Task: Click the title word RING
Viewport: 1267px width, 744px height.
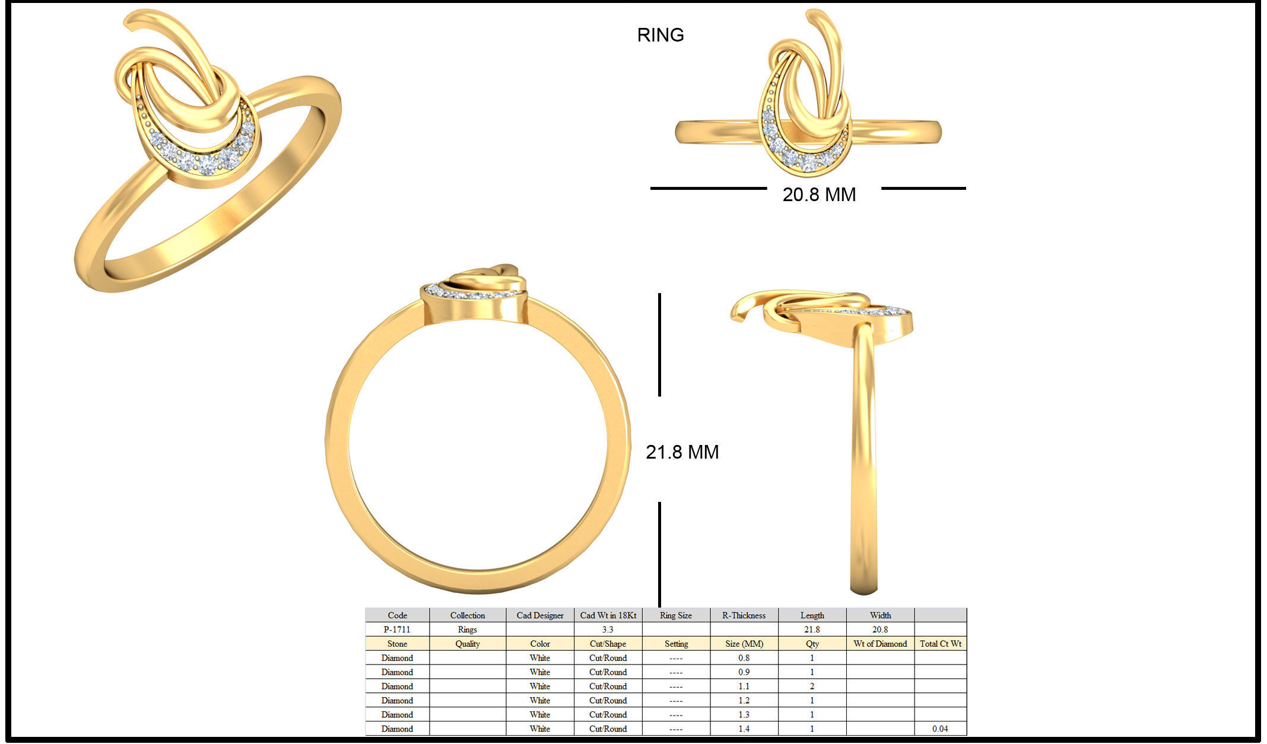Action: coord(660,35)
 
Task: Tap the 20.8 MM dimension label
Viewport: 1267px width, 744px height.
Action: coord(819,195)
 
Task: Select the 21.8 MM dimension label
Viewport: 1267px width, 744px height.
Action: coord(682,452)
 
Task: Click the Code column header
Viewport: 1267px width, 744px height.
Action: coord(397,615)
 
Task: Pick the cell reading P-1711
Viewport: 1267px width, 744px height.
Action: coord(397,629)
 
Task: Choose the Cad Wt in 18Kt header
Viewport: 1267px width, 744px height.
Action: coord(608,615)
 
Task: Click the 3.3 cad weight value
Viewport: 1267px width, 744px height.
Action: coord(608,629)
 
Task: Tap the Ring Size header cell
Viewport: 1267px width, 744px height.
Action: coord(676,615)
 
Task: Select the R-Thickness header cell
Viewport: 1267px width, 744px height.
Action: coord(744,615)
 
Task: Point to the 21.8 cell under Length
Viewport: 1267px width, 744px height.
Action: coord(812,629)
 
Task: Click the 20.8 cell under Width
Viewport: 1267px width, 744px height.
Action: coord(880,629)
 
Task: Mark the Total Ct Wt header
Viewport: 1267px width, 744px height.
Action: coord(940,644)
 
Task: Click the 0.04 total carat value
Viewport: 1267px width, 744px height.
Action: coord(940,729)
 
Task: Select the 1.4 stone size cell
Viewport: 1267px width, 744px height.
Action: coord(744,729)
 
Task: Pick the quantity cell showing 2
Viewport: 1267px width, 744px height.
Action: coord(812,686)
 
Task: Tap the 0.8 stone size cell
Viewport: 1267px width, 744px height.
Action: coord(744,658)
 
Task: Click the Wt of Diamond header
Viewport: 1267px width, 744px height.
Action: coord(880,644)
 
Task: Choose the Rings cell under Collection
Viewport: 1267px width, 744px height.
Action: coord(467,629)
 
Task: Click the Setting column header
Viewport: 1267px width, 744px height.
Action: coord(676,644)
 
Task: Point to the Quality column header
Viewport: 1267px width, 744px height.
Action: coord(467,644)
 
